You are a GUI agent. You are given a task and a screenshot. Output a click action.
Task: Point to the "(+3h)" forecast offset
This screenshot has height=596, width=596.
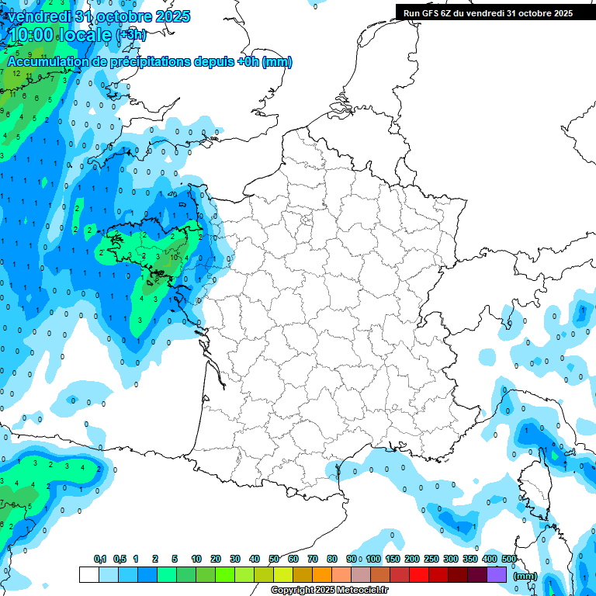pos(130,35)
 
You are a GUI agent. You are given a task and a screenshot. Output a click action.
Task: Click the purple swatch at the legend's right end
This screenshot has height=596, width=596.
pos(497,574)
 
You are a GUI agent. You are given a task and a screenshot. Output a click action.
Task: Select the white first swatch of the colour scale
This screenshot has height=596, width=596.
pos(89,574)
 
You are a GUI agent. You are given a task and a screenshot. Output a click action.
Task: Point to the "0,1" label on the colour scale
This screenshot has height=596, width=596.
pos(99,560)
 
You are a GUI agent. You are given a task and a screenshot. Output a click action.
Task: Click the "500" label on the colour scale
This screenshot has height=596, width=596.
pos(509,560)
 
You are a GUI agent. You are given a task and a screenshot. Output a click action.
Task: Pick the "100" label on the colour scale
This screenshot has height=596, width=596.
pos(373,560)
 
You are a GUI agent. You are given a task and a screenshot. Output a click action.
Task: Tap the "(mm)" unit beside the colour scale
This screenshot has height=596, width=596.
pos(525,576)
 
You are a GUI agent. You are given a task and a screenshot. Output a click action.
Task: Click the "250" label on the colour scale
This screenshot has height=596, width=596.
pos(431,560)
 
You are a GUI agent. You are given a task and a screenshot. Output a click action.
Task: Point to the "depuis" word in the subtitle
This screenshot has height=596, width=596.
pos(215,62)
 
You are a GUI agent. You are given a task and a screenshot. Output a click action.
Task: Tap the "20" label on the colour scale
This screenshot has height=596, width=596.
pos(216,560)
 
